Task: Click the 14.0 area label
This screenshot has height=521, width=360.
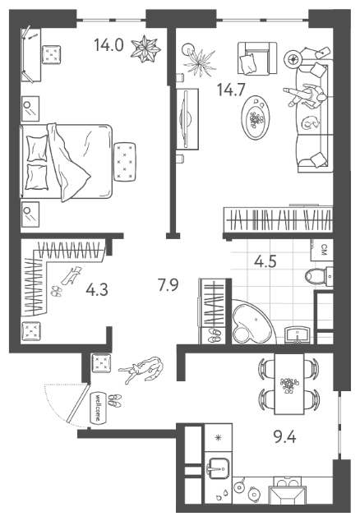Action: click(108, 45)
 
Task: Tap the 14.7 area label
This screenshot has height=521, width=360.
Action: click(231, 90)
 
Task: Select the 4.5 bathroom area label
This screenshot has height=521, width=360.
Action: click(265, 261)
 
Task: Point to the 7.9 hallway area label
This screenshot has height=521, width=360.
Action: click(168, 285)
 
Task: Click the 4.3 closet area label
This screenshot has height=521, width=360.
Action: click(97, 290)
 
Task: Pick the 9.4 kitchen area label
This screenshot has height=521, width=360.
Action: click(284, 437)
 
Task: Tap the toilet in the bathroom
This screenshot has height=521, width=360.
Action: click(318, 276)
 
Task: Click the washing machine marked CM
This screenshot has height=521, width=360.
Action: click(321, 250)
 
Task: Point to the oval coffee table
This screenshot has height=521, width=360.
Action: click(256, 118)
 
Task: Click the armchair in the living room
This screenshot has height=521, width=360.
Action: click(257, 58)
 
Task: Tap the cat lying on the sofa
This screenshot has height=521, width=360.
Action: click(310, 122)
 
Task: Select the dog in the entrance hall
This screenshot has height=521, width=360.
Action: click(142, 370)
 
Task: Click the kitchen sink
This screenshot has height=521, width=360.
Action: click(218, 468)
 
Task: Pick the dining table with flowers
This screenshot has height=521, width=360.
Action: click(288, 384)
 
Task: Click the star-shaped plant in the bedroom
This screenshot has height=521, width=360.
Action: click(145, 48)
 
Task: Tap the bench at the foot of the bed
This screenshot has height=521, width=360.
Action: click(125, 162)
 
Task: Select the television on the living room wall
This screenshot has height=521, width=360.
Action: click(187, 118)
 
